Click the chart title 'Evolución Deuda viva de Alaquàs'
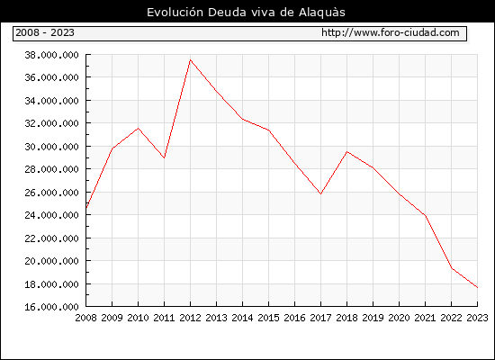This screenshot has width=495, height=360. [x=246, y=12]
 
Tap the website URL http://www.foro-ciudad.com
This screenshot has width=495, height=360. [x=391, y=32]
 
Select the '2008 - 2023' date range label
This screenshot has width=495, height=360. [x=45, y=32]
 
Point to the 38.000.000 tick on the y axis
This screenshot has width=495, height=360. [x=51, y=55]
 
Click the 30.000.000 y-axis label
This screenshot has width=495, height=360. [x=51, y=147]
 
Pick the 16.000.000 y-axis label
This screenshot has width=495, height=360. [x=51, y=307]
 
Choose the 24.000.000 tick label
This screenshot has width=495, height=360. [x=51, y=215]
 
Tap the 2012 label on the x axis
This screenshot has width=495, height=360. [x=190, y=318]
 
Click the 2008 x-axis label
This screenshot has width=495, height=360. [x=85, y=318]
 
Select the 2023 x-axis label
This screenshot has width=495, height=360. [x=477, y=318]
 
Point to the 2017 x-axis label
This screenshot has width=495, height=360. [x=320, y=318]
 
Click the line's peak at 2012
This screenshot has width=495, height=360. [x=191, y=59]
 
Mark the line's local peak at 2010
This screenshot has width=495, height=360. [x=138, y=128]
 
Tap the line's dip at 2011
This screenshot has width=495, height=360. [x=164, y=157]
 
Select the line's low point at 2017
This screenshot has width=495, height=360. [x=320, y=193]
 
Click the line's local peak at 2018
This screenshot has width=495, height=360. [x=346, y=152]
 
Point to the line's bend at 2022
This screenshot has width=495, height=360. [x=452, y=268]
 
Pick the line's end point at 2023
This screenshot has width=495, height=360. [x=477, y=288]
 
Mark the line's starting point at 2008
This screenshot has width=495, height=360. [x=86, y=208]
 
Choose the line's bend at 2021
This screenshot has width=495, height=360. [x=425, y=216]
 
